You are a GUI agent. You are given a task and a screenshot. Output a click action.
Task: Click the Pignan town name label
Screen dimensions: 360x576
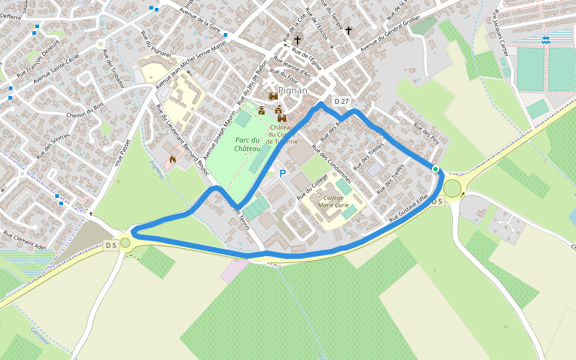[x=293, y=91]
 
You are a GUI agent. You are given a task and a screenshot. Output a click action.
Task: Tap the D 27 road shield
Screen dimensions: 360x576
[x=341, y=101]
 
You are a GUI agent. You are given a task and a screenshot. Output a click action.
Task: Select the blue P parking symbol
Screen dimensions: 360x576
[x=283, y=173]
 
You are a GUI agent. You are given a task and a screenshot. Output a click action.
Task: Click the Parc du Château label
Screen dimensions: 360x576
[x=247, y=144]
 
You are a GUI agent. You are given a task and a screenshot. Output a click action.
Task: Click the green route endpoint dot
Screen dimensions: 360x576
[x=436, y=169]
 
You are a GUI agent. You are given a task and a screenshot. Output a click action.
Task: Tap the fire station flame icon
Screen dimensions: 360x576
[x=173, y=160]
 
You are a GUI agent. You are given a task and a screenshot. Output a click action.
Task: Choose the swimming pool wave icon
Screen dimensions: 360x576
[x=545, y=40]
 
